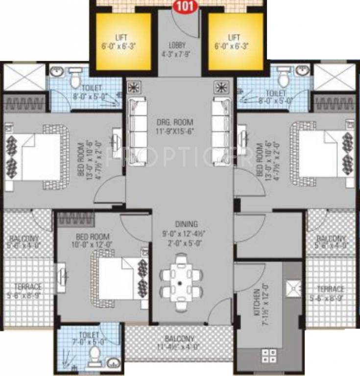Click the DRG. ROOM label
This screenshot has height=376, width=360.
click(x=178, y=122)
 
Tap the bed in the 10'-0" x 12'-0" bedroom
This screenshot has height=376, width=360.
click(x=118, y=277)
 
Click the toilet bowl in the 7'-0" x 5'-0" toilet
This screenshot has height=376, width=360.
click(x=94, y=360)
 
